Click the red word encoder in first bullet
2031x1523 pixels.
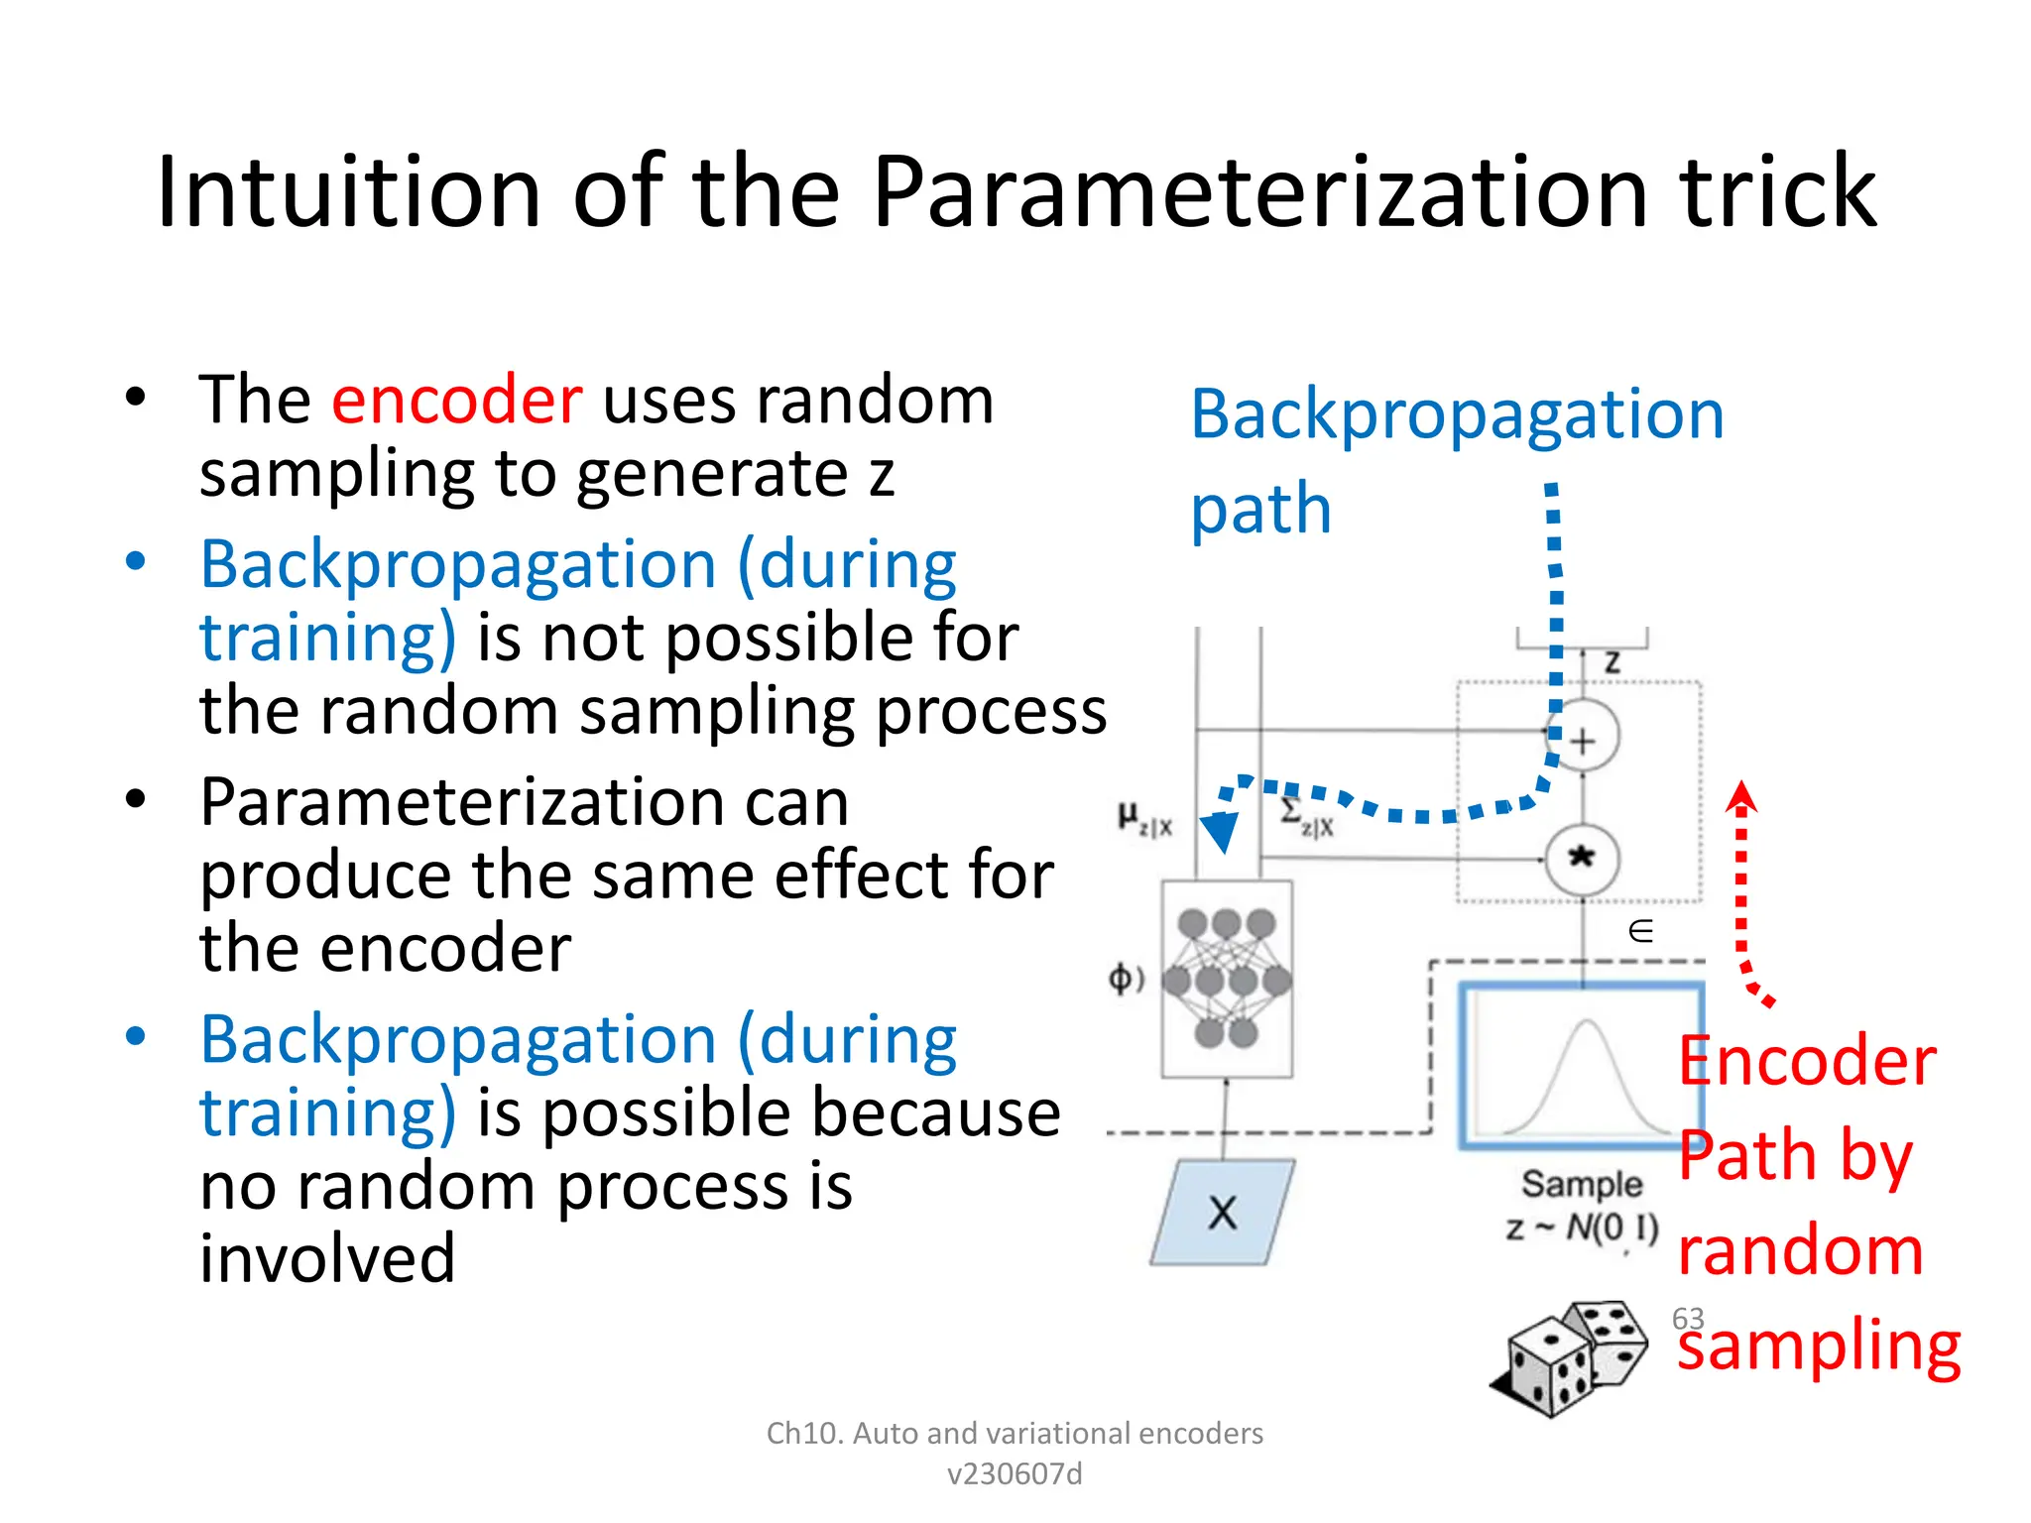coord(456,401)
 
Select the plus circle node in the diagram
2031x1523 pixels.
coord(1583,740)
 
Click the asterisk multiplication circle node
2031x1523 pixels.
coord(1582,859)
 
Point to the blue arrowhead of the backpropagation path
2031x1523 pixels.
coord(1220,831)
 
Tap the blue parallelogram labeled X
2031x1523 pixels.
coord(1223,1212)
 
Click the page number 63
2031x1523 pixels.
coord(1688,1319)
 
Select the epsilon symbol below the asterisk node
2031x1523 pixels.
coord(1641,931)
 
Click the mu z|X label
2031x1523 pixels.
coord(1144,820)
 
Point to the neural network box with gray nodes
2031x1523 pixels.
coord(1227,979)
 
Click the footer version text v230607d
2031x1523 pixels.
coord(1015,1474)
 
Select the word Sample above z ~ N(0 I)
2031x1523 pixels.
coord(1582,1184)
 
